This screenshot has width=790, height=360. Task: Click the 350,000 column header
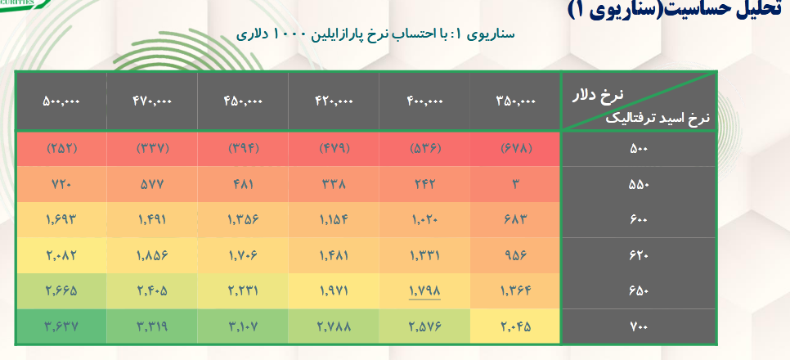(515, 101)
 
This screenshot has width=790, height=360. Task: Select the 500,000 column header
(61, 101)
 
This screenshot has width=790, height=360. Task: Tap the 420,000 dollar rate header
(334, 101)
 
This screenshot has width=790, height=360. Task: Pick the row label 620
(638, 255)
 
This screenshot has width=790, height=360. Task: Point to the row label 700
(638, 326)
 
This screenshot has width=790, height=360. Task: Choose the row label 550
(638, 184)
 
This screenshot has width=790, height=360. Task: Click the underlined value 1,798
(425, 290)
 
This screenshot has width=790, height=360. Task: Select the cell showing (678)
(515, 149)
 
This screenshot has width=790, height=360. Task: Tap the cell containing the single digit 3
(515, 184)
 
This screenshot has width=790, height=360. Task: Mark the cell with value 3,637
(61, 326)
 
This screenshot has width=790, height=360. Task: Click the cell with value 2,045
(515, 326)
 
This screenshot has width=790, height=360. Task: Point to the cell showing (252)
(61, 149)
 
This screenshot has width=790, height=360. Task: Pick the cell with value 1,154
(334, 219)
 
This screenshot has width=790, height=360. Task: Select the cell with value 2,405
(151, 290)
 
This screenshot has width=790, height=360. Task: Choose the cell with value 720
(61, 184)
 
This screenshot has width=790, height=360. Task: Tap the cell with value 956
(515, 255)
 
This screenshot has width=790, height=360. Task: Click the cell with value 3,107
(243, 326)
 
